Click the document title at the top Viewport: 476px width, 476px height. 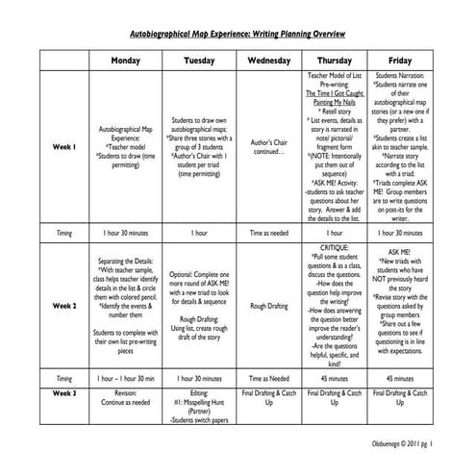coord(238,33)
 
